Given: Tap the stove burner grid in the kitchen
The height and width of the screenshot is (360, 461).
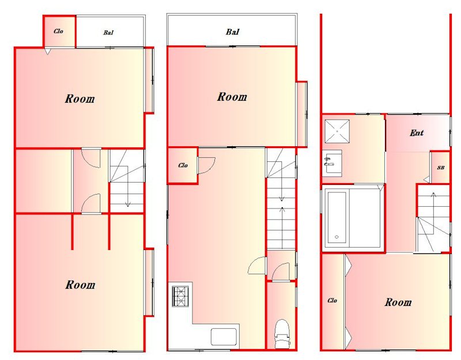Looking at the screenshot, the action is point(180,297).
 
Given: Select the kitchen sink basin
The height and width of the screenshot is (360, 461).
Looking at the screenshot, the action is point(224,336).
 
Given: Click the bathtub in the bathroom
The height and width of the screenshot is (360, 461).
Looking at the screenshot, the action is point(337,218).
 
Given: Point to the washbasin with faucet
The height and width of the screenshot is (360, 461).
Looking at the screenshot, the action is point(332,164).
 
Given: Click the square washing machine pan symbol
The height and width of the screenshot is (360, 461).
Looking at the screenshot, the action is point(337,131).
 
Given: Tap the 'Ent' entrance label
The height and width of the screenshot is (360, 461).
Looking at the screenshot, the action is point(417,133).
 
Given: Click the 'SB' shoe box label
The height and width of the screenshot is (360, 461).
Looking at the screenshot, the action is point(440,168).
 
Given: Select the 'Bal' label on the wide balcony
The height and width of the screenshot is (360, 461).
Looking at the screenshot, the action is point(233,32).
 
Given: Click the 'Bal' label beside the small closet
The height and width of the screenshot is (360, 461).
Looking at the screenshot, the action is point(108,33).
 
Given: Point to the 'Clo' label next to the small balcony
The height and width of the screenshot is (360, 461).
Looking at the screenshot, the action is point(58,31).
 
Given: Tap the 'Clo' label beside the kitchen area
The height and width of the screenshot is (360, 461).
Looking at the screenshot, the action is point(183,165).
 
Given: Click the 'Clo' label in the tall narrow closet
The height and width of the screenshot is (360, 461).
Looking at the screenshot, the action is point(332,300).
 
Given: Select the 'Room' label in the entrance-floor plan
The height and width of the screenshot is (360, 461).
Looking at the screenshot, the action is point(398,302).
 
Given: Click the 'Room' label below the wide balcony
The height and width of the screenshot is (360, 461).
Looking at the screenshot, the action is point(232,97).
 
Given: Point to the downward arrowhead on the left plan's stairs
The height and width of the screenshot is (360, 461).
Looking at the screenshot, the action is point(127,204).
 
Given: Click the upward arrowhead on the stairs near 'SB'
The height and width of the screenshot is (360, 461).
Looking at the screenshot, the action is point(433,194).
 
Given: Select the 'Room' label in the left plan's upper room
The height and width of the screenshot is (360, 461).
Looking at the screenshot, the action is point(80,98).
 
